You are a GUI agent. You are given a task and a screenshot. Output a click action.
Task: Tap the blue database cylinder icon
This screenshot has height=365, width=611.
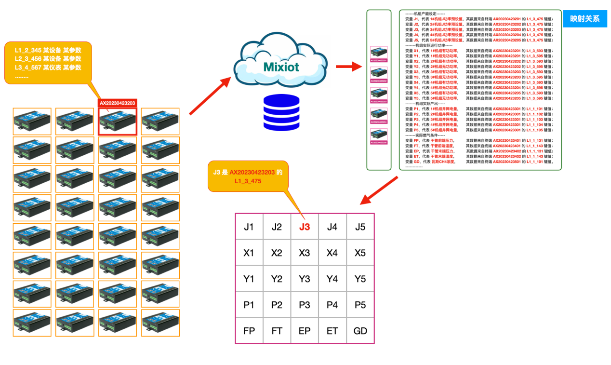point(281,112)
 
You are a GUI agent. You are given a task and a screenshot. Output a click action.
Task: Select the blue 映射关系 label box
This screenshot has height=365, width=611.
point(584,19)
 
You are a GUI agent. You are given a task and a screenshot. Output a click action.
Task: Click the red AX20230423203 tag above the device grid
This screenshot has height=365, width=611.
point(118,103)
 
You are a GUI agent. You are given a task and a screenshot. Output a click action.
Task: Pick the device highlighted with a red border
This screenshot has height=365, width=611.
point(118,122)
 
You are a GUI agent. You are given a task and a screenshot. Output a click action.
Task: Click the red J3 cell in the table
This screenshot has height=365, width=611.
point(305,227)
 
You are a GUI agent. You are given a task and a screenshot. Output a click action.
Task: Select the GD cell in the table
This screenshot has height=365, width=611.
point(360,331)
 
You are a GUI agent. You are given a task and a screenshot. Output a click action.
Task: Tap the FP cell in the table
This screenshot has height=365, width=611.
point(249,331)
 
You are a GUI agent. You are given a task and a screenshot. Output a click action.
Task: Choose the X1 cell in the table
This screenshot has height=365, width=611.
point(249,253)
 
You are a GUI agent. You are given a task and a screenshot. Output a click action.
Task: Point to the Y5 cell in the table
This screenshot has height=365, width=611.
point(360,279)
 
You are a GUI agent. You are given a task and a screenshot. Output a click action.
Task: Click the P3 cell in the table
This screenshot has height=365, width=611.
point(305,305)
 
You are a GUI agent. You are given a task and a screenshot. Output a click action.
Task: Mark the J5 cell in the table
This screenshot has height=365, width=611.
point(360,227)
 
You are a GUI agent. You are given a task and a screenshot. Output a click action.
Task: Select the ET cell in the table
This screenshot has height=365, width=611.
point(332,331)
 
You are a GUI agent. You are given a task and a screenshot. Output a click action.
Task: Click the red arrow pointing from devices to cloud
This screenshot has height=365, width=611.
point(210,96)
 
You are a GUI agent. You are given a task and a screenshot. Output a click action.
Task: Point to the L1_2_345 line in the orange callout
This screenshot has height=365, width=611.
point(48,50)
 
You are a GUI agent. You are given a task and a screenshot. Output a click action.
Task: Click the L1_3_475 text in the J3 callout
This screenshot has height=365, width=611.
point(248,181)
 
